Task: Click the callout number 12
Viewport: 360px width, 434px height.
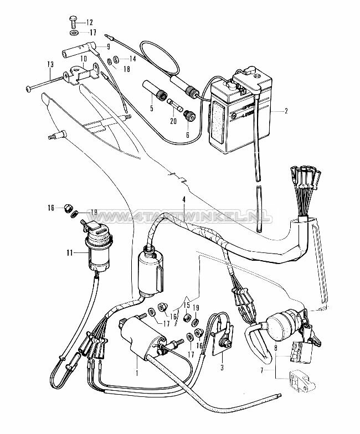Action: point(90,23)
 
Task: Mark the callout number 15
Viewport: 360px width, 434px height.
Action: point(108,46)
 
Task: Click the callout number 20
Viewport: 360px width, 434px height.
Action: point(84,58)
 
